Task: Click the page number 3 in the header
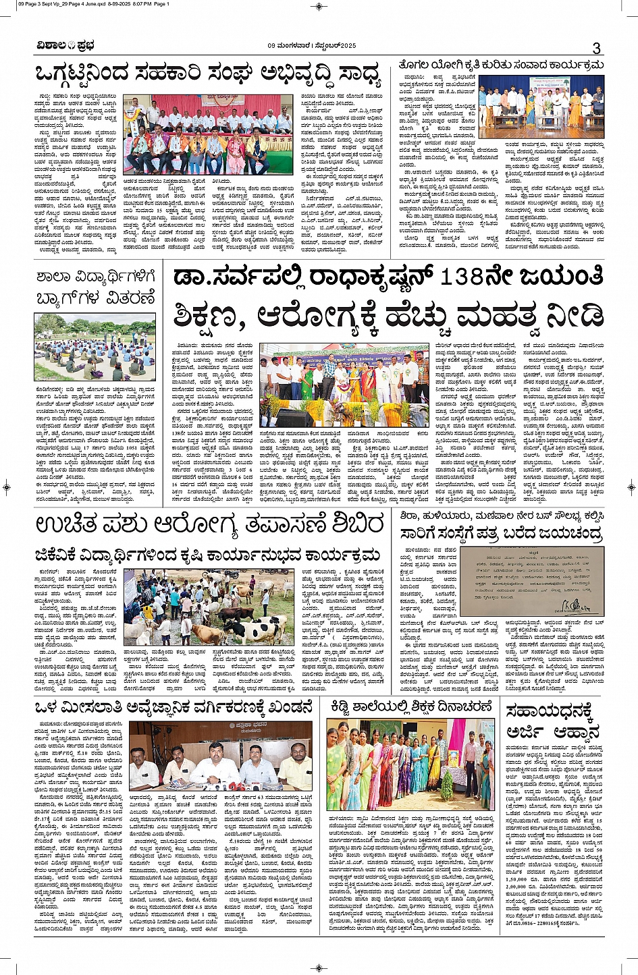[x=596, y=48]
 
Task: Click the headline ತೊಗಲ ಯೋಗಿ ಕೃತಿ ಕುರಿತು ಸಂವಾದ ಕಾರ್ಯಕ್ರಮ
[x=501, y=65]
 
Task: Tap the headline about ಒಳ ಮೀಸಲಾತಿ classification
[x=174, y=707]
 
